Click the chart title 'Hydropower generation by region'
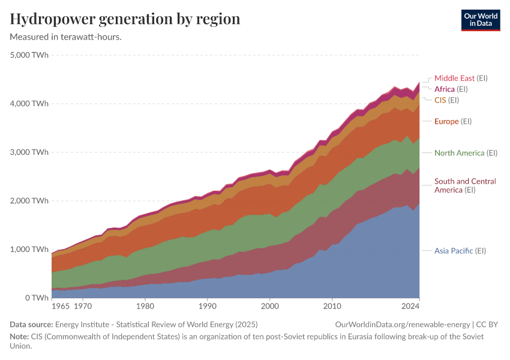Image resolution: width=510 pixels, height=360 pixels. (x=125, y=19)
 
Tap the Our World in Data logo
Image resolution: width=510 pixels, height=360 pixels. (x=480, y=20)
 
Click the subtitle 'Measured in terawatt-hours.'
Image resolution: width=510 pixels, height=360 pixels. (x=66, y=37)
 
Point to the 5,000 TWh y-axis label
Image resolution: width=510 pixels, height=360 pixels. (x=29, y=55)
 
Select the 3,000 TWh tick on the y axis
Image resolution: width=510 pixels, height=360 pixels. (x=29, y=152)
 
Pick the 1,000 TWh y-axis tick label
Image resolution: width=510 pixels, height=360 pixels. (x=29, y=250)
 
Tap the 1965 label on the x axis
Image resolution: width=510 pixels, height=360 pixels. (x=61, y=307)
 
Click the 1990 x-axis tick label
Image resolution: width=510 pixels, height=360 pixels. (x=208, y=307)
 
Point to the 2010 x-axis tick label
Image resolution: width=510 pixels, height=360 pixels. (x=332, y=307)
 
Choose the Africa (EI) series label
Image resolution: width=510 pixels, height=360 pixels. (x=451, y=89)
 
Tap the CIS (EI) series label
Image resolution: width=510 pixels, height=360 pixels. (x=446, y=100)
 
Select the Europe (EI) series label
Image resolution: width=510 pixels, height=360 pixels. (x=453, y=121)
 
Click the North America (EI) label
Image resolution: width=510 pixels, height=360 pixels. (x=466, y=153)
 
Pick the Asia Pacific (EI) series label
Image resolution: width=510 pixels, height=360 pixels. (x=460, y=251)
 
